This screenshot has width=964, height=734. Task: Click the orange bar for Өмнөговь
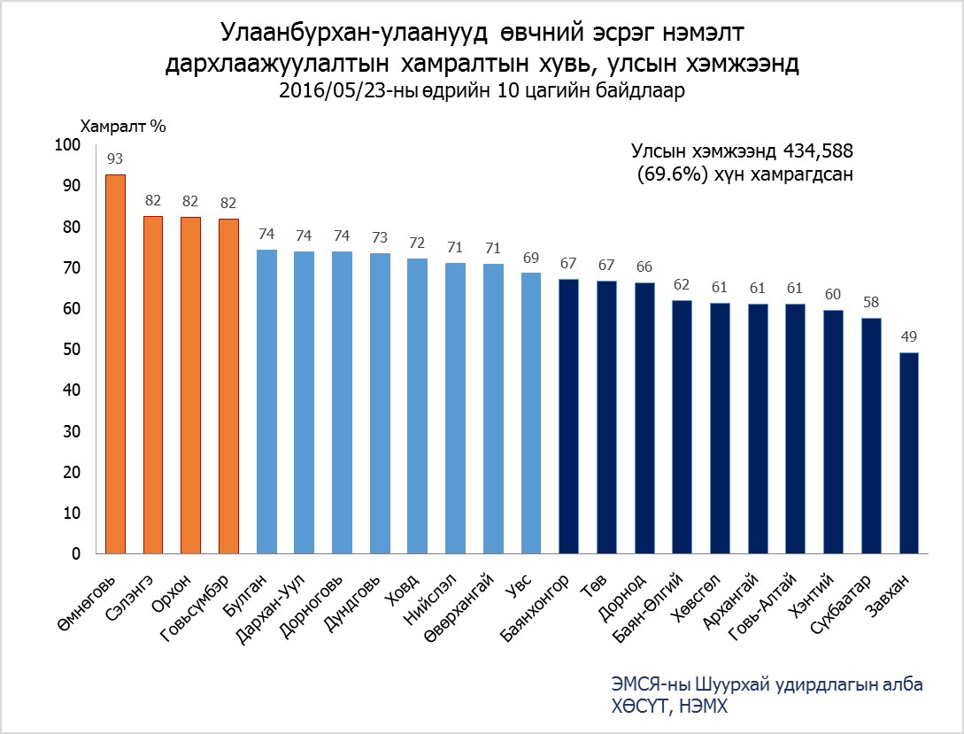click(x=115, y=364)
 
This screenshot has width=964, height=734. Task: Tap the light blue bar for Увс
click(x=531, y=413)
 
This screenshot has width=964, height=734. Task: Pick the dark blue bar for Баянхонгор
click(x=569, y=417)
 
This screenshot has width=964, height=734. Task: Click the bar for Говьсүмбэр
click(x=228, y=387)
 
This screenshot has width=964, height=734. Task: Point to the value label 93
click(x=115, y=159)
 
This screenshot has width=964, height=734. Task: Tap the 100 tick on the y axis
click(x=67, y=145)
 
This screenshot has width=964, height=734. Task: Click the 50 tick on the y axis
click(x=71, y=350)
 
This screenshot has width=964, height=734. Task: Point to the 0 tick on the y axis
click(x=75, y=554)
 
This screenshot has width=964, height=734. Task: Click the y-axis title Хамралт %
click(x=124, y=126)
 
